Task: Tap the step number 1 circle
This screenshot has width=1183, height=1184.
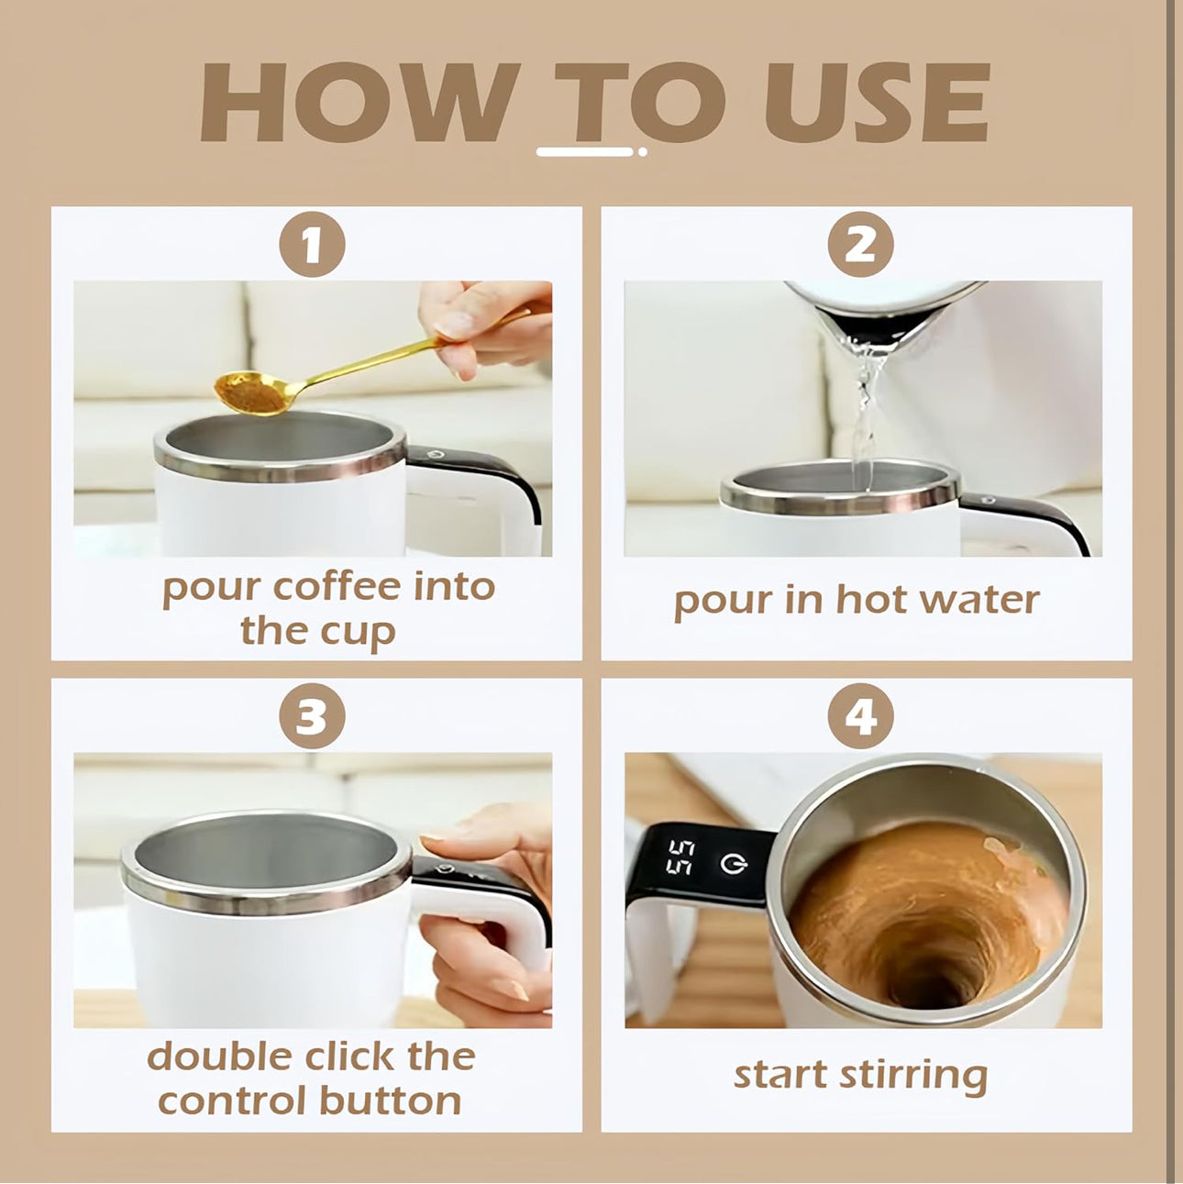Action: point(312,245)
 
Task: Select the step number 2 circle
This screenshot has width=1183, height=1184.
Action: point(860,245)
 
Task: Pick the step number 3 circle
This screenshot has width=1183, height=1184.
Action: point(312,715)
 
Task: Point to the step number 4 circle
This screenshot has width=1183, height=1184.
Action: point(860,715)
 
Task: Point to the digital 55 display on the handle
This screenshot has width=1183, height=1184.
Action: point(680,857)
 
